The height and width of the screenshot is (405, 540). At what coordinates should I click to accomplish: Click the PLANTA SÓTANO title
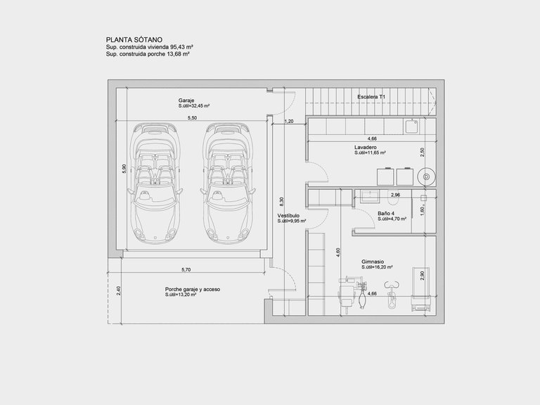(134, 39)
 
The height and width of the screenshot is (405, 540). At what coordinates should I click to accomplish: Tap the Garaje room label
(186, 101)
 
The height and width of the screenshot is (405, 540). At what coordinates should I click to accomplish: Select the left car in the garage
(155, 184)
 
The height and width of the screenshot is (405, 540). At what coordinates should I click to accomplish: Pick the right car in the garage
(228, 184)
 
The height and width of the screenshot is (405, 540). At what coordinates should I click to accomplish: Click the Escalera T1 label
(371, 97)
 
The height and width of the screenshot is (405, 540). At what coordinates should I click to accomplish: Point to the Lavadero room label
(366, 147)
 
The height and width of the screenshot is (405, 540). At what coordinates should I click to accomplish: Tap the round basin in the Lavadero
(426, 176)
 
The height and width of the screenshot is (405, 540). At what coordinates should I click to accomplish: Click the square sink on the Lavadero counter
(411, 126)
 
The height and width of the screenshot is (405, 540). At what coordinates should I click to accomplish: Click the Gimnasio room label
(373, 262)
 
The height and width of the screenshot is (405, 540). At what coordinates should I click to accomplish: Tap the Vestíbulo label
(288, 216)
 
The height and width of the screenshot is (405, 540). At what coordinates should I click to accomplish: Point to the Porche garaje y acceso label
(193, 289)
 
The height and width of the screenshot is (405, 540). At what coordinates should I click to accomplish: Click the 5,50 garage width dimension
(192, 118)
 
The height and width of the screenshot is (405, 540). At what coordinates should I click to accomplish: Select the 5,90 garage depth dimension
(124, 169)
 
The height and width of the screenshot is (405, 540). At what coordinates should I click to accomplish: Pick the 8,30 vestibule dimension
(282, 202)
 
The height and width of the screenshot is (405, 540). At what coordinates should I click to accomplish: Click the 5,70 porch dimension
(186, 270)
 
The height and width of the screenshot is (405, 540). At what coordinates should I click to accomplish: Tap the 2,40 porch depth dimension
(118, 291)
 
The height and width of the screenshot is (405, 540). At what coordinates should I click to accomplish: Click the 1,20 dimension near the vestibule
(289, 121)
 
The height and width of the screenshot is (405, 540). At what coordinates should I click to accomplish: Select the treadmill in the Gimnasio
(421, 290)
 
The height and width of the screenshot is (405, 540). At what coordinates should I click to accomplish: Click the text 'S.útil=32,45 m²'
(194, 106)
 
